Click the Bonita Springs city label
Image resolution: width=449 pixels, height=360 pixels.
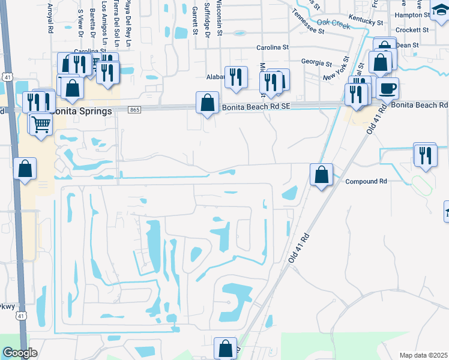81,112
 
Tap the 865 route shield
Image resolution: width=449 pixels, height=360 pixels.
134,109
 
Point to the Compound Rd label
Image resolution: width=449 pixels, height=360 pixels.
366,181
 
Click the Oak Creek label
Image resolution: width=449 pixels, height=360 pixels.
333,23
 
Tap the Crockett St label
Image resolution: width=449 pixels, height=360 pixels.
412,29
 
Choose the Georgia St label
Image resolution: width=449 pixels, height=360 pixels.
316,62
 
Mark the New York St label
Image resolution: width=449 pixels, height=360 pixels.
336,69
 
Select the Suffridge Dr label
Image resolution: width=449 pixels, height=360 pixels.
207,18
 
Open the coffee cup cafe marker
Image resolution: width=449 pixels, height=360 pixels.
387,89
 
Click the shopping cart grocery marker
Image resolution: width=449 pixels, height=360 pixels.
41,125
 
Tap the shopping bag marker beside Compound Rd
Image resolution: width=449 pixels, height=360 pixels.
321,175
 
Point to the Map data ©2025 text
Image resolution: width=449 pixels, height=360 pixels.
423,355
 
